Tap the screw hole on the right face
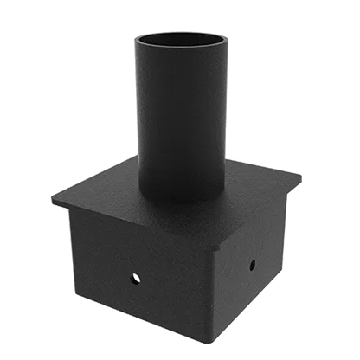point(252,266)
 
